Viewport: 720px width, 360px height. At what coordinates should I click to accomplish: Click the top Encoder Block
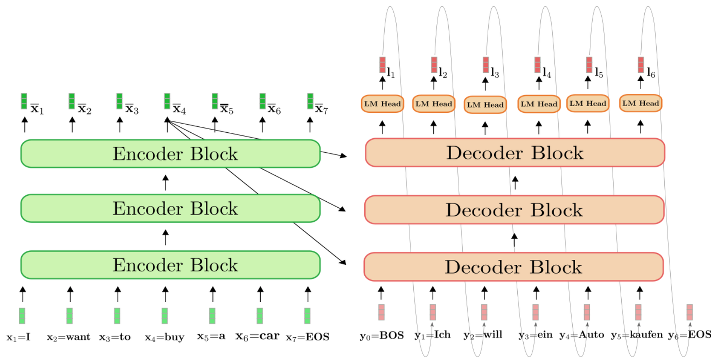[x=170, y=153]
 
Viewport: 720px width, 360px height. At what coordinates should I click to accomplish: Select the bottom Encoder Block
[x=170, y=265]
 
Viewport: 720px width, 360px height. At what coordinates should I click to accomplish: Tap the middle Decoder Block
[x=514, y=210]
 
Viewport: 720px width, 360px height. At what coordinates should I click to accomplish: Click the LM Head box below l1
[x=382, y=104]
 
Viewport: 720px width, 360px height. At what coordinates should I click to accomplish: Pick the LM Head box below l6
[x=641, y=103]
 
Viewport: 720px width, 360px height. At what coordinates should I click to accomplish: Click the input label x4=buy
[x=164, y=337]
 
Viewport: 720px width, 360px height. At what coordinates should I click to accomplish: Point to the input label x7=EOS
[x=308, y=337]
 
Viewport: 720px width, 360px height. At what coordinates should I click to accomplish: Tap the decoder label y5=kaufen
[x=637, y=335]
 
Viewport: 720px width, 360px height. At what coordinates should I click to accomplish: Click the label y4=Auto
[x=582, y=335]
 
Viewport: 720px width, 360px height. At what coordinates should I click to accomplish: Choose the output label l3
[x=495, y=73]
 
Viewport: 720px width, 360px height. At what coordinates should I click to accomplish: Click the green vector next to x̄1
[x=24, y=101]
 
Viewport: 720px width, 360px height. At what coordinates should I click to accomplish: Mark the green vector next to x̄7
[x=310, y=101]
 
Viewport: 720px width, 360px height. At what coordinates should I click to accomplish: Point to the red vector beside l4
[x=538, y=65]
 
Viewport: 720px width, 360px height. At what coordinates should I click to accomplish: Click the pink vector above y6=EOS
[x=690, y=312]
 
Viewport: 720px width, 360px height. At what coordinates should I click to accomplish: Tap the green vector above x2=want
[x=70, y=316]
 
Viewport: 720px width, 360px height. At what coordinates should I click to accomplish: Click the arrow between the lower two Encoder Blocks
[x=166, y=237]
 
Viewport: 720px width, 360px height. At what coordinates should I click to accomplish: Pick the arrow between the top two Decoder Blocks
[x=515, y=183]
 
